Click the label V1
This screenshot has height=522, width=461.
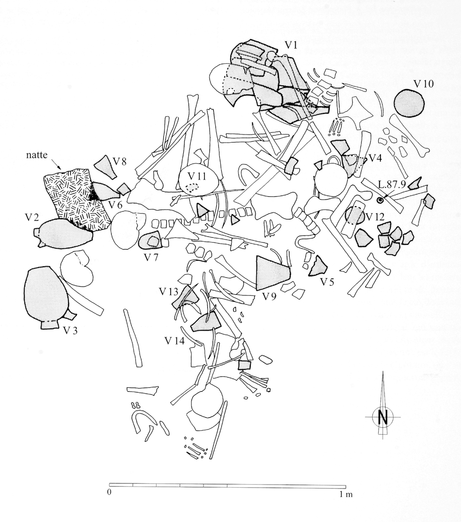coord(291,45)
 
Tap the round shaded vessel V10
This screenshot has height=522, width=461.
coord(409,103)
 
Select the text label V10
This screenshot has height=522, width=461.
coord(423,84)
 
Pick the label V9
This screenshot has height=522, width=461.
coord(270,297)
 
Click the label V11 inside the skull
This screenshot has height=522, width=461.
coord(197,177)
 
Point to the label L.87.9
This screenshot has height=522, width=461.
coord(392,184)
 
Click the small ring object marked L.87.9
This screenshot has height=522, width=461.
coord(381,201)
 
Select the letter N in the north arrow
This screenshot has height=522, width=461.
coord(383,417)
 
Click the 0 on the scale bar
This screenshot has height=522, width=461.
coord(109,494)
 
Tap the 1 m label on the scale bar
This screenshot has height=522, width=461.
coord(346,494)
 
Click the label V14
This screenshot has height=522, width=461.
coord(175,341)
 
